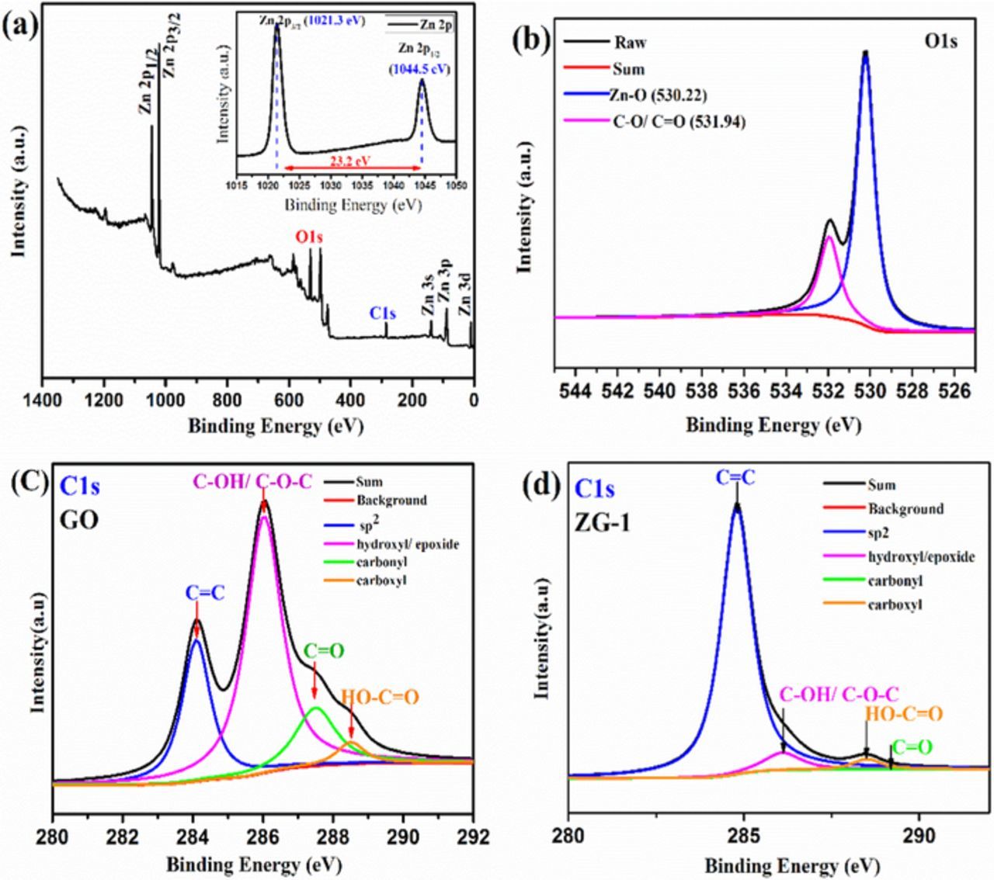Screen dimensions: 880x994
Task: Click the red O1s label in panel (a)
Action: pyautogui.click(x=308, y=237)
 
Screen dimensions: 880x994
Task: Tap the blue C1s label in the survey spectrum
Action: pyautogui.click(x=383, y=314)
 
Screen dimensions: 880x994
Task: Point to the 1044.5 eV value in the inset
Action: pyautogui.click(x=424, y=68)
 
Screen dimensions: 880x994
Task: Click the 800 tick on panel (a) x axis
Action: pyautogui.click(x=227, y=400)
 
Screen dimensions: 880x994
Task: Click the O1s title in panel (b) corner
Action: pyautogui.click(x=940, y=41)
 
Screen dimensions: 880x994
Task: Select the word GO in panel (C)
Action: pyautogui.click(x=80, y=519)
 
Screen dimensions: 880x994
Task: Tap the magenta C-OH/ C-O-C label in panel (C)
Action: pyautogui.click(x=262, y=482)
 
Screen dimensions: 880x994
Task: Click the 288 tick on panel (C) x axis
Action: pyautogui.click(x=333, y=837)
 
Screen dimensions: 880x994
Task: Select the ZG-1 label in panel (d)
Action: pyautogui.click(x=602, y=523)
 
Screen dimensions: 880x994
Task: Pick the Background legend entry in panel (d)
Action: pyautogui.click(x=905, y=509)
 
